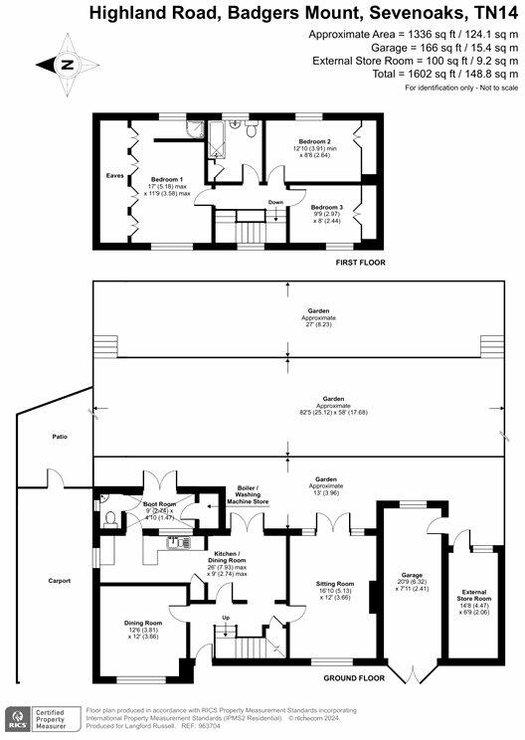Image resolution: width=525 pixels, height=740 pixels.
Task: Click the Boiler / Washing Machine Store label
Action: pos(247,495)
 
